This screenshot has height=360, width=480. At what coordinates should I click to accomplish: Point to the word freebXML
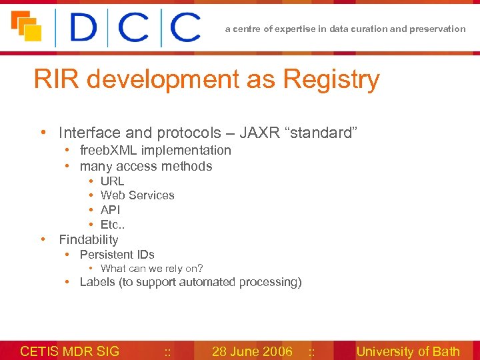coord(109,150)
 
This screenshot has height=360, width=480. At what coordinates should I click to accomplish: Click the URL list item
coord(112,181)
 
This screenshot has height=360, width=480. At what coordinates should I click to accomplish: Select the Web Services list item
coord(137,195)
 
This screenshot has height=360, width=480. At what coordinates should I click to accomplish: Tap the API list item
coord(110,209)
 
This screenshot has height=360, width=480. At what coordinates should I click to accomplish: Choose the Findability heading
coord(89,239)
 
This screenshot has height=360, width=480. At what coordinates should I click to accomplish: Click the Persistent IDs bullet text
coord(117,254)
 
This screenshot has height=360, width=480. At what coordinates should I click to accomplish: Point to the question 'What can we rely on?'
coord(151,269)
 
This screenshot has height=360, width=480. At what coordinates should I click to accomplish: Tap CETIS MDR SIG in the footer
coord(70,351)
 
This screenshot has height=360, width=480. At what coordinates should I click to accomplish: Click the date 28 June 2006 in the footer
coord(252,351)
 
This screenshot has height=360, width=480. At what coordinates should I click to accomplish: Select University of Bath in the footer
coord(408,351)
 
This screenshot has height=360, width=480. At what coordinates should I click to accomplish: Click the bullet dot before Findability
coord(43,239)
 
